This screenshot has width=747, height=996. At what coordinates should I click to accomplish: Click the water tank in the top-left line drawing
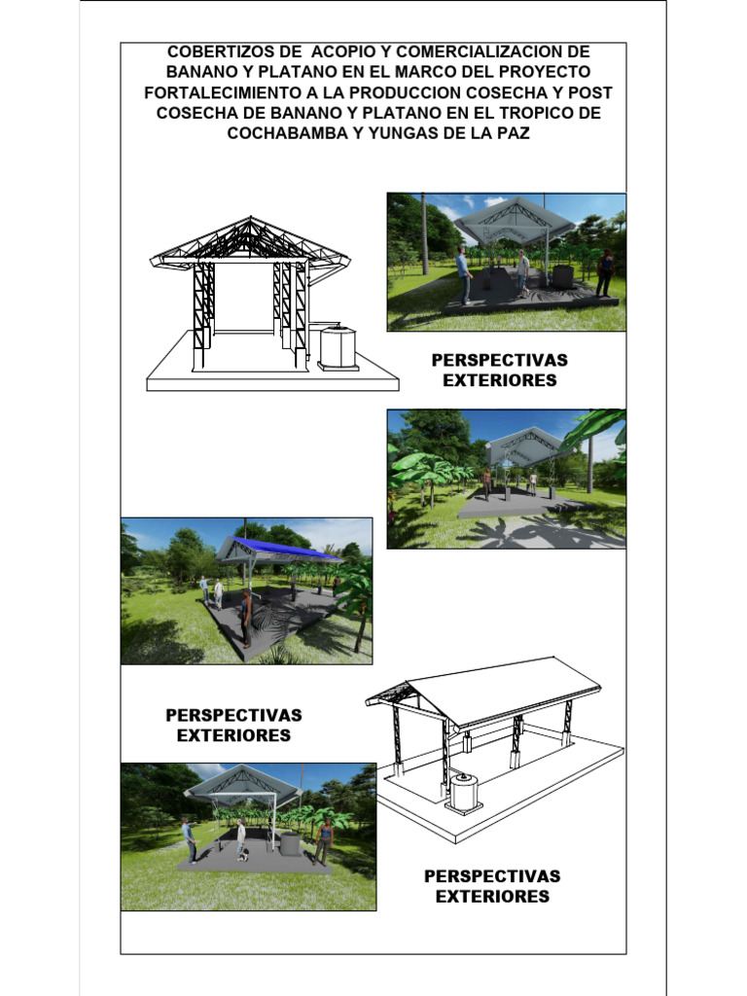337,347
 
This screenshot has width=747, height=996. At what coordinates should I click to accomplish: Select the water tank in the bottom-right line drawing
464,793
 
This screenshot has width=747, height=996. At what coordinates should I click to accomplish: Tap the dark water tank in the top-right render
563,276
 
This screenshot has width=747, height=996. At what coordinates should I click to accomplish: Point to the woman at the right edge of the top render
605,272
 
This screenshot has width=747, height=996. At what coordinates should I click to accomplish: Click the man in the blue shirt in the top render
464,274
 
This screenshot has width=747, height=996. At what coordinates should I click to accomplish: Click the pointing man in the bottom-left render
188,839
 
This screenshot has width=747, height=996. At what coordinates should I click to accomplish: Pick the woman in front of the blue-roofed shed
245,618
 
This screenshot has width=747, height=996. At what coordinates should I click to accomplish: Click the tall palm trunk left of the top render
424,233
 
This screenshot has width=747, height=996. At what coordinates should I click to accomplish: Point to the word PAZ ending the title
514,133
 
